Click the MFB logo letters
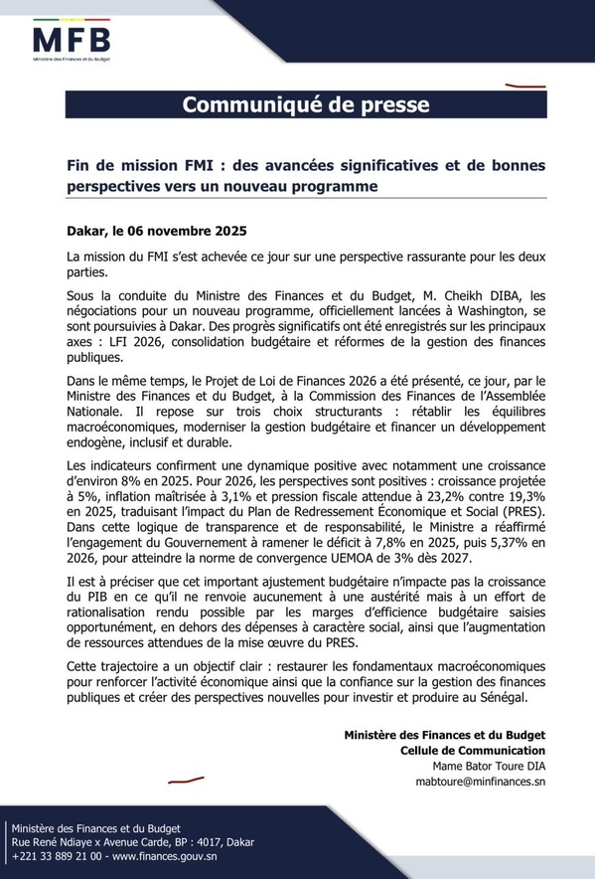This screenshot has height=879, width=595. click(x=72, y=41)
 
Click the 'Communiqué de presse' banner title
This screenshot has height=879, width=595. click(x=306, y=104)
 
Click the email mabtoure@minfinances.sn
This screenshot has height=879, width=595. click(x=481, y=783)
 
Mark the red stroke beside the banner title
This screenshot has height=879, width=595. click(x=518, y=87)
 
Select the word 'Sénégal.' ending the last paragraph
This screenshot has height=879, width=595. click(x=496, y=699)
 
